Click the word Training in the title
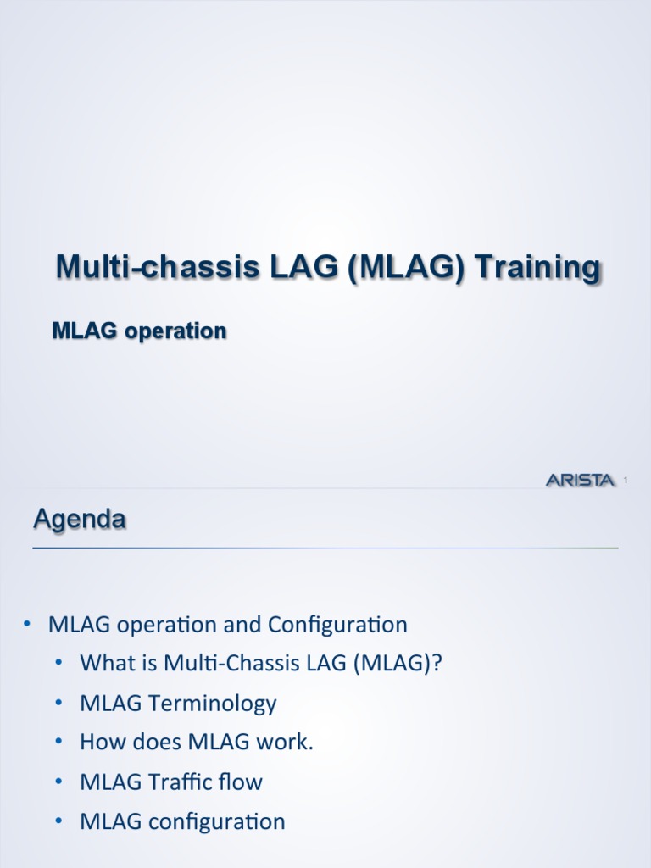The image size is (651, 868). tap(537, 267)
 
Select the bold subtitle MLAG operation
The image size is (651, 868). tap(139, 331)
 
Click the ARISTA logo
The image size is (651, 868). tap(580, 481)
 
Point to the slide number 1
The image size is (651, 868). tap(625, 481)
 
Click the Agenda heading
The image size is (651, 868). tap(80, 518)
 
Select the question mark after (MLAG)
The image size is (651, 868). tap(437, 664)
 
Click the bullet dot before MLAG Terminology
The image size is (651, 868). tap(58, 703)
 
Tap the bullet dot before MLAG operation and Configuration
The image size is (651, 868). tap(27, 625)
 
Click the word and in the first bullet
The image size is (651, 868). tap(244, 626)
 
